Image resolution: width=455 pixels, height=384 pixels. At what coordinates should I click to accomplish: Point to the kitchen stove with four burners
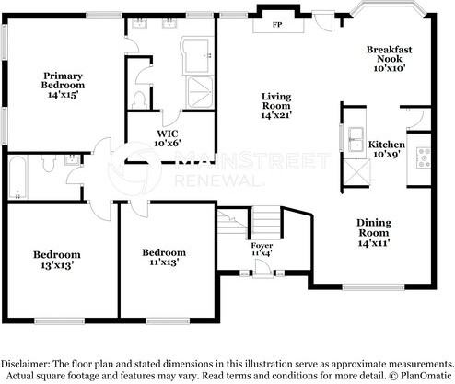point(424,157)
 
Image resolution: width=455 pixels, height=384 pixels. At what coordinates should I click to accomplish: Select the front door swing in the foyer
point(264,268)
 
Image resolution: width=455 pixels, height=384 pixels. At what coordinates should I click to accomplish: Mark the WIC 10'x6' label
point(167,138)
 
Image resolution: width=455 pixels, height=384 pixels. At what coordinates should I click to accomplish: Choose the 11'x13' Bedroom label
point(163,257)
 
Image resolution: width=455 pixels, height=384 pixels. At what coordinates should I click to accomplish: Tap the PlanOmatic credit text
point(423,374)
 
